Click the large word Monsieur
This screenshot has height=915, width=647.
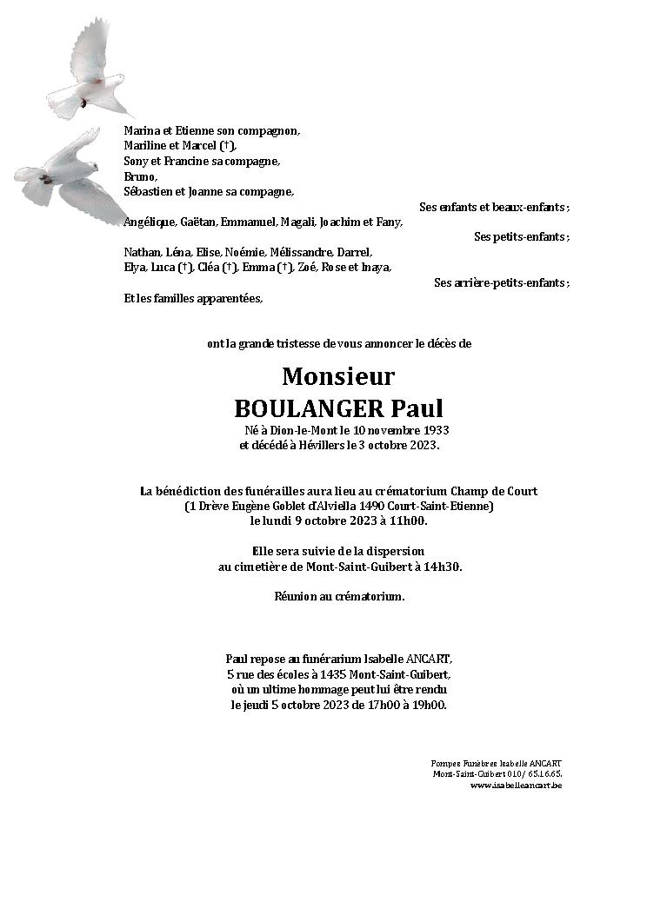click(338, 376)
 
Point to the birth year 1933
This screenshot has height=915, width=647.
click(436, 431)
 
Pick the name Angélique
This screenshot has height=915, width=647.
click(150, 222)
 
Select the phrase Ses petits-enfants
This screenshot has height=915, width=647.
click(521, 236)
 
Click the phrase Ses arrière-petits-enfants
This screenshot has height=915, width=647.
click(501, 283)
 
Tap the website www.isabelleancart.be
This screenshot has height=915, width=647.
click(516, 786)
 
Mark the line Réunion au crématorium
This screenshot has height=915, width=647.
click(339, 597)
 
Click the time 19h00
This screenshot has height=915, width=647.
click(431, 706)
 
